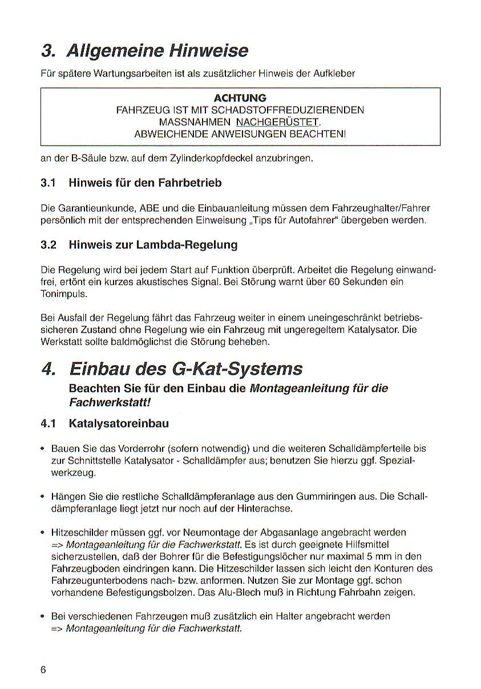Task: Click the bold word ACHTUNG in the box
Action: coord(240,98)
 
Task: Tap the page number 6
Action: coord(43,669)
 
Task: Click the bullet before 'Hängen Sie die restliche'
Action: coord(43,496)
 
